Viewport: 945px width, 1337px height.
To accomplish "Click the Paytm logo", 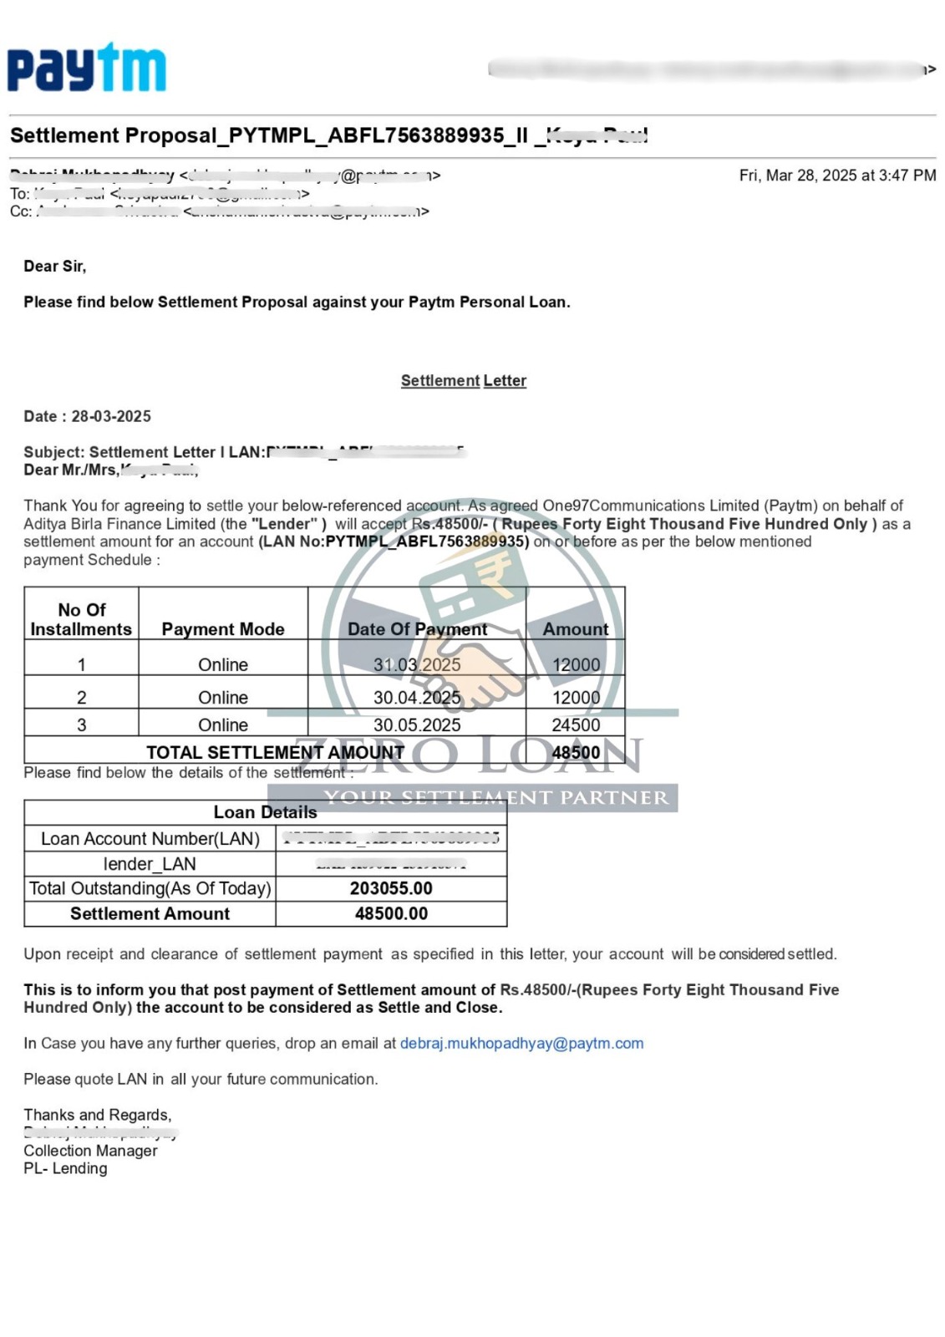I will pyautogui.click(x=87, y=68).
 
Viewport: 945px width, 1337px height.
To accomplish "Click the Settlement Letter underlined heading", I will pyautogui.click(x=463, y=381).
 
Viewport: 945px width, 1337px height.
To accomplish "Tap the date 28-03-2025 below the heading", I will pyautogui.click(x=111, y=416).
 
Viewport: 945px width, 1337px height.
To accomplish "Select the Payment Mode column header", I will pyautogui.click(x=223, y=629).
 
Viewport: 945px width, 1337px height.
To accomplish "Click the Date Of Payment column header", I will pyautogui.click(x=417, y=629).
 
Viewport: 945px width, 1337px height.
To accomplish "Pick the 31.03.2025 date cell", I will pyautogui.click(x=417, y=665).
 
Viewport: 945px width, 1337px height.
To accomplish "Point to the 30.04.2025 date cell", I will pyautogui.click(x=417, y=698).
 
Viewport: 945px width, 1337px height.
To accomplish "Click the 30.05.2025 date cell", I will pyautogui.click(x=417, y=725).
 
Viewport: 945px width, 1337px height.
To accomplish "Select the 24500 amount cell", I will pyautogui.click(x=576, y=725).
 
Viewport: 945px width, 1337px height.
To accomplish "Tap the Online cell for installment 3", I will pyautogui.click(x=223, y=725).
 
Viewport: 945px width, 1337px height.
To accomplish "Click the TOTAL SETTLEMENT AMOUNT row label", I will pyautogui.click(x=275, y=753).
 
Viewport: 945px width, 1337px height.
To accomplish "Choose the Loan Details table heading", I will pyautogui.click(x=265, y=812).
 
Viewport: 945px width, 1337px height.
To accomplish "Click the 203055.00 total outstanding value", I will pyautogui.click(x=391, y=888).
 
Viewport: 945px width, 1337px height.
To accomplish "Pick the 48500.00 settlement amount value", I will pyautogui.click(x=391, y=914).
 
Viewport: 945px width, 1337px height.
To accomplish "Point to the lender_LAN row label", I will pyautogui.click(x=150, y=864).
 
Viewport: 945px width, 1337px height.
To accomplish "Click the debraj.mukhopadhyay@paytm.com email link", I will pyautogui.click(x=521, y=1044).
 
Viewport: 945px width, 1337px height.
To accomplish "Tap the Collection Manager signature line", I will pyautogui.click(x=90, y=1151).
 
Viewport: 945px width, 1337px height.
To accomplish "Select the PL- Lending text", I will pyautogui.click(x=65, y=1169).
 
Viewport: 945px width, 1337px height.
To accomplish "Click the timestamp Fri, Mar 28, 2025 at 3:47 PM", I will pyautogui.click(x=837, y=175).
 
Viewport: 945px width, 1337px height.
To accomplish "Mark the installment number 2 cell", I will pyautogui.click(x=81, y=698).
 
